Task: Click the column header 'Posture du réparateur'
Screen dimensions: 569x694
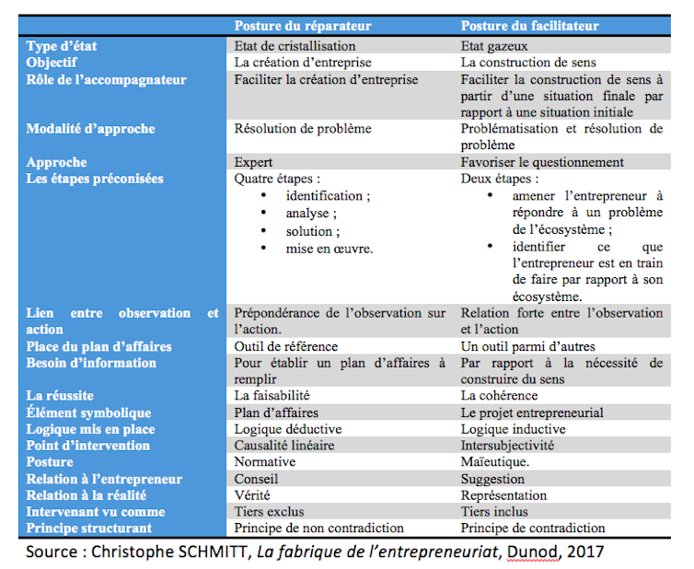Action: click(x=302, y=27)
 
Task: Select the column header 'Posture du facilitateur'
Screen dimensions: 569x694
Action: click(x=529, y=27)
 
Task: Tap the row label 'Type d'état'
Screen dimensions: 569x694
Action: click(x=62, y=46)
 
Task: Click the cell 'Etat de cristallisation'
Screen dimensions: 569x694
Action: click(x=295, y=46)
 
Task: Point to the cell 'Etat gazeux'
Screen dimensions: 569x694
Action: click(x=498, y=46)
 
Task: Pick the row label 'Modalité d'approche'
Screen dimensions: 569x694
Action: click(x=90, y=129)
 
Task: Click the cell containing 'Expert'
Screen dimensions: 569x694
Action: click(x=253, y=163)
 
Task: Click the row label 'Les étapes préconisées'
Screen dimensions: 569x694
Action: click(x=95, y=179)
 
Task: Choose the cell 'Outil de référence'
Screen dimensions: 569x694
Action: click(x=286, y=347)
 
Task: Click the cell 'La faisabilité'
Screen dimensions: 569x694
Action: click(x=271, y=396)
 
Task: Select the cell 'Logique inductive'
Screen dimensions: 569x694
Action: click(x=513, y=429)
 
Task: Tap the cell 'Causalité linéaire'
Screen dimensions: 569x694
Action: click(x=284, y=446)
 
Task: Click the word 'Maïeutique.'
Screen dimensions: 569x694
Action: click(x=495, y=462)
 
